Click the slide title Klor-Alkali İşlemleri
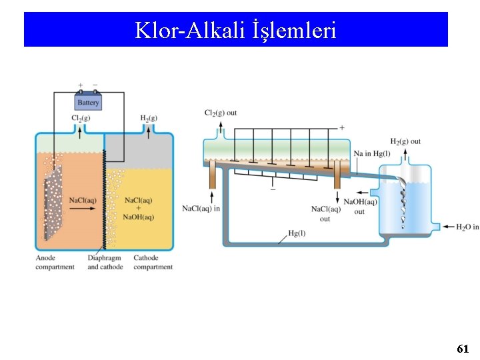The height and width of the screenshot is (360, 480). coord(235,30)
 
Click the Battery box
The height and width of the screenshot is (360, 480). coord(88,103)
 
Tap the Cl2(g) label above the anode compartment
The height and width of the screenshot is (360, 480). coord(81,118)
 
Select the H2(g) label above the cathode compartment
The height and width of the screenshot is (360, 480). coord(149,118)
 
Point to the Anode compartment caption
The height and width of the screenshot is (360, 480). coord(55,263)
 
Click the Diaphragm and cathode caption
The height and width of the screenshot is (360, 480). coord(105,263)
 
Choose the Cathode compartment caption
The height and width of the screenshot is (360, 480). coord(153,263)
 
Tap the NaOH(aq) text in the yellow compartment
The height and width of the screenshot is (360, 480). coord(139,216)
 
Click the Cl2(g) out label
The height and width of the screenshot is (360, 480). coord(221,113)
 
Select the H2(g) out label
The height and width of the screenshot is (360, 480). coord(405,141)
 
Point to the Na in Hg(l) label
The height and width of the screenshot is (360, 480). coord(372,153)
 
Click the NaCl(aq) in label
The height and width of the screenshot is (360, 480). coord(201,209)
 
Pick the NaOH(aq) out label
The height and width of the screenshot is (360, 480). coord(361,207)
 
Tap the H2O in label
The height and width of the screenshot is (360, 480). coord(467,227)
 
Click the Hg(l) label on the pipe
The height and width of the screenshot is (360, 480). coord(297,233)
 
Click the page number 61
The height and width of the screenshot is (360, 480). coord(463,349)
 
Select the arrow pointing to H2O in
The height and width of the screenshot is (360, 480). coord(447,227)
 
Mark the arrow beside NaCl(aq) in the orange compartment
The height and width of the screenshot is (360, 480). coord(84,209)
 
